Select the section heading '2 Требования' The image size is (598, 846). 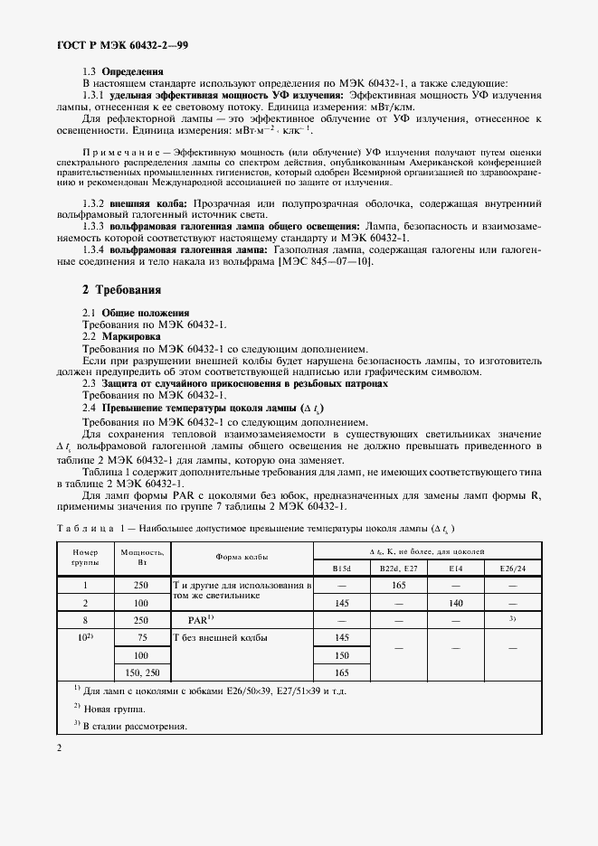point(121,290)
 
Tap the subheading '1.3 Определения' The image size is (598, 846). point(123,70)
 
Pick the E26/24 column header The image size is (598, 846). point(512,568)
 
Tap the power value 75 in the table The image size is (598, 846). point(140,638)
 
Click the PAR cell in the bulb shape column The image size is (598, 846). point(199,621)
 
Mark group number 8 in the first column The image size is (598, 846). point(83,621)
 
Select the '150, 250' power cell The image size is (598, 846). point(140,672)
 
